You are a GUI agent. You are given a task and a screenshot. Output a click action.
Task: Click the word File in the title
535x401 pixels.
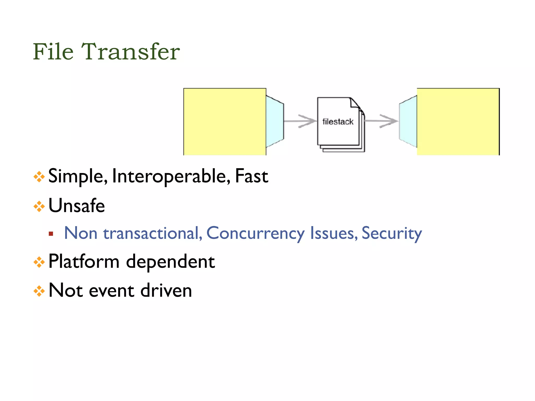click(53, 51)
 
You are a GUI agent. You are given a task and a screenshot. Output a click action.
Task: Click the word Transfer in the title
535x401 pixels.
click(131, 51)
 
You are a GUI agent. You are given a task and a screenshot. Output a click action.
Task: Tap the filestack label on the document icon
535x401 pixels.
click(338, 122)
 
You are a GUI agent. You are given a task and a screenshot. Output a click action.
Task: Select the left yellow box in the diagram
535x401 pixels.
click(225, 122)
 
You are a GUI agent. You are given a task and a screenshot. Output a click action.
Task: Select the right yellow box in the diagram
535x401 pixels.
click(458, 122)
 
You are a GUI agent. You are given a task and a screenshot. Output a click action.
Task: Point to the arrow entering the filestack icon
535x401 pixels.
click(300, 121)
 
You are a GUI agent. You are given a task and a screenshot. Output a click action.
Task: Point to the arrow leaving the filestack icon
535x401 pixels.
click(381, 121)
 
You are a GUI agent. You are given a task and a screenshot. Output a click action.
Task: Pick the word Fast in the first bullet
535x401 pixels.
click(251, 176)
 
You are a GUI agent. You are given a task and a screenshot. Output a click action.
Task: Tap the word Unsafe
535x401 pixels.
click(77, 206)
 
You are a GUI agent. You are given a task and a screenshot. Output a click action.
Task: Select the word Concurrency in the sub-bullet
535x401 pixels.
click(255, 233)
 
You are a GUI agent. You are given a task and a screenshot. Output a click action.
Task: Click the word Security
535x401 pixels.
click(392, 233)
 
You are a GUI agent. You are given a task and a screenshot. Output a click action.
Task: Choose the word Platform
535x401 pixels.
click(84, 262)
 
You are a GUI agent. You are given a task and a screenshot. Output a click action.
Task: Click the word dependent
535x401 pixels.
click(170, 262)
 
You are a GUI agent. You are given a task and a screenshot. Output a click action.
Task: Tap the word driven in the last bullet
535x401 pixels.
click(166, 291)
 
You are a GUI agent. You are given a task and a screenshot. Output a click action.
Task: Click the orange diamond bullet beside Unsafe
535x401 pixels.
click(39, 207)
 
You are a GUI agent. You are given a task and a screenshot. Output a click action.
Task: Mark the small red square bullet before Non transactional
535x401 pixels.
click(51, 234)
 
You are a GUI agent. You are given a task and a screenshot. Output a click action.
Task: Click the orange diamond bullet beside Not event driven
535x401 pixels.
click(39, 291)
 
